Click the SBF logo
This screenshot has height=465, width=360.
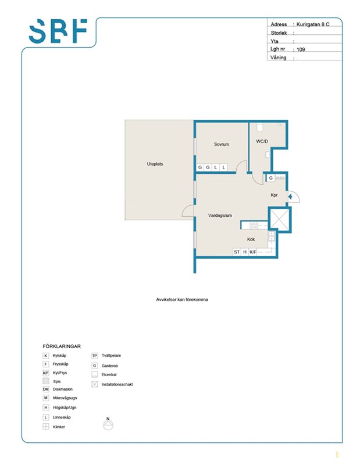pyautogui.click(x=58, y=31)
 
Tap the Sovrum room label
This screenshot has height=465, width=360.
pyautogui.click(x=222, y=144)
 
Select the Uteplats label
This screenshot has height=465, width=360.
pyautogui.click(x=155, y=164)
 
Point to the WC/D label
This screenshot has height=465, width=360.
pyautogui.click(x=262, y=141)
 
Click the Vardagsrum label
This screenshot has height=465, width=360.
pyautogui.click(x=220, y=216)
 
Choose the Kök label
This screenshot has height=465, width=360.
pyautogui.click(x=251, y=239)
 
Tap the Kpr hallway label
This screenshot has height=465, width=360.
pyautogui.click(x=274, y=195)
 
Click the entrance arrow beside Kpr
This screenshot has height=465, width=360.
pyautogui.click(x=290, y=196)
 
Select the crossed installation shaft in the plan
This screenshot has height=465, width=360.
pyautogui.click(x=279, y=219)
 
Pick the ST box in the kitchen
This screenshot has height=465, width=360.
pyautogui.click(x=237, y=252)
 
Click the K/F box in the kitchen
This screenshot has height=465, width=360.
pyautogui.click(x=252, y=252)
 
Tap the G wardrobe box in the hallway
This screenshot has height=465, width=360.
pyautogui.click(x=270, y=178)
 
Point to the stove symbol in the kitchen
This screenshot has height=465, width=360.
pyautogui.click(x=254, y=226)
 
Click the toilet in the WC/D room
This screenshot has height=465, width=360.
pyautogui.click(x=260, y=127)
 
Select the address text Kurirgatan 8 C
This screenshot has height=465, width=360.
pyautogui.click(x=313, y=24)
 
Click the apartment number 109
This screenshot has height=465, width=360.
pyautogui.click(x=301, y=49)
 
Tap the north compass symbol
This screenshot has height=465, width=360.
pyautogui.click(x=108, y=424)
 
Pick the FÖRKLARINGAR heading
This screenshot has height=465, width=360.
pyautogui.click(x=62, y=346)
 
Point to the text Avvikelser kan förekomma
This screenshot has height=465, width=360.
pyautogui.click(x=182, y=299)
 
